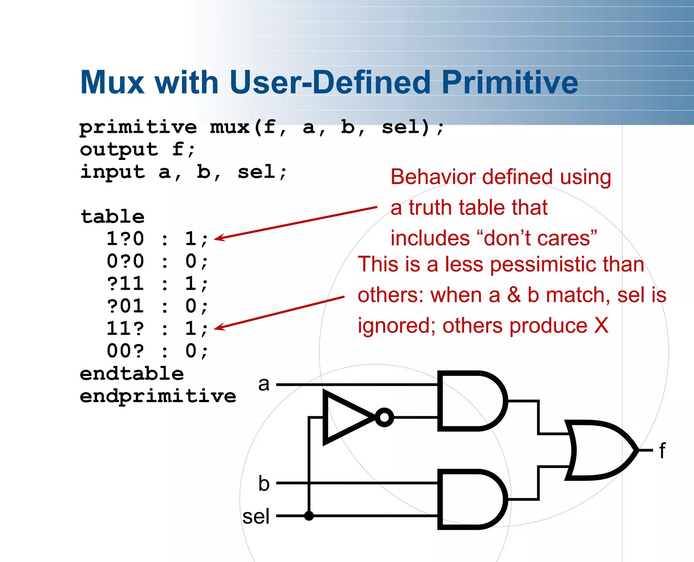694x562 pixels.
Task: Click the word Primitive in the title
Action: (x=510, y=83)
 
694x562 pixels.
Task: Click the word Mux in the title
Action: (x=112, y=83)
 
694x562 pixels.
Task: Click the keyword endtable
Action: (x=132, y=374)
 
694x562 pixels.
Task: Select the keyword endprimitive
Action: (x=158, y=396)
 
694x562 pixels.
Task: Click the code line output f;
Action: (x=137, y=149)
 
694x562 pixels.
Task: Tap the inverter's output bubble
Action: (x=384, y=417)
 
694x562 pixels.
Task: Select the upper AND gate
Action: (x=471, y=401)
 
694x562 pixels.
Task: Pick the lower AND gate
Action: (x=471, y=499)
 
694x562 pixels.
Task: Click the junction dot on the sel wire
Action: (x=309, y=516)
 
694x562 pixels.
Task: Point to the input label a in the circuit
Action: (x=264, y=384)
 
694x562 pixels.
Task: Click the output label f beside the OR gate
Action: (x=662, y=451)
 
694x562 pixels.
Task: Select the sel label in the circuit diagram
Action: (x=256, y=517)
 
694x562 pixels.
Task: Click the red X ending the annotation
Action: (x=601, y=325)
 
